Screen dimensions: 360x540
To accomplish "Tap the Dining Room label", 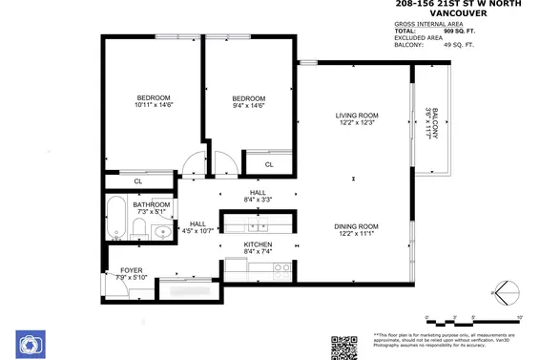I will pos(357,226).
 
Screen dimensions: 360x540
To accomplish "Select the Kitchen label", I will pos(258,244).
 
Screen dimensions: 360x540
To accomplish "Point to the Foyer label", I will pos(131,270).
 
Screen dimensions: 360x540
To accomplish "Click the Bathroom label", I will pos(151,204).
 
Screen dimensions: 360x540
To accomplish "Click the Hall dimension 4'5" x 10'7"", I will pos(197,229).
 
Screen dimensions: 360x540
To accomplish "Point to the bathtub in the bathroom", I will pos(116,218).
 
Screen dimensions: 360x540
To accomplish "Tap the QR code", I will pos(343,346).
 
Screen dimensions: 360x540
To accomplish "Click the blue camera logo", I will pos(32,343).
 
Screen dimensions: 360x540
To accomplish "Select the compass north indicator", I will pos(502,292).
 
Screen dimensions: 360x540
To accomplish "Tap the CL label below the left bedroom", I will pos(137,181).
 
